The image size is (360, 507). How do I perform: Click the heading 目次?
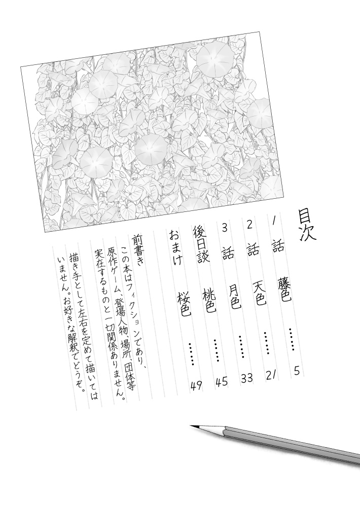click(308, 224)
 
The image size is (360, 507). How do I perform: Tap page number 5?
click(297, 371)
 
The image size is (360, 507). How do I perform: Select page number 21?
click(271, 375)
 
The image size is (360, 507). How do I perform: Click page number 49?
click(196, 385)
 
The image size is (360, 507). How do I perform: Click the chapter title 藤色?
click(284, 291)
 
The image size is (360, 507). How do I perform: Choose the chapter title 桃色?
click(208, 301)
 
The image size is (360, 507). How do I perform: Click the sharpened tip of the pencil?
click(192, 426)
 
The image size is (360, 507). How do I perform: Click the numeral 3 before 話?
click(224, 228)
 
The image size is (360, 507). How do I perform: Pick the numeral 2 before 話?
click(248, 224)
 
